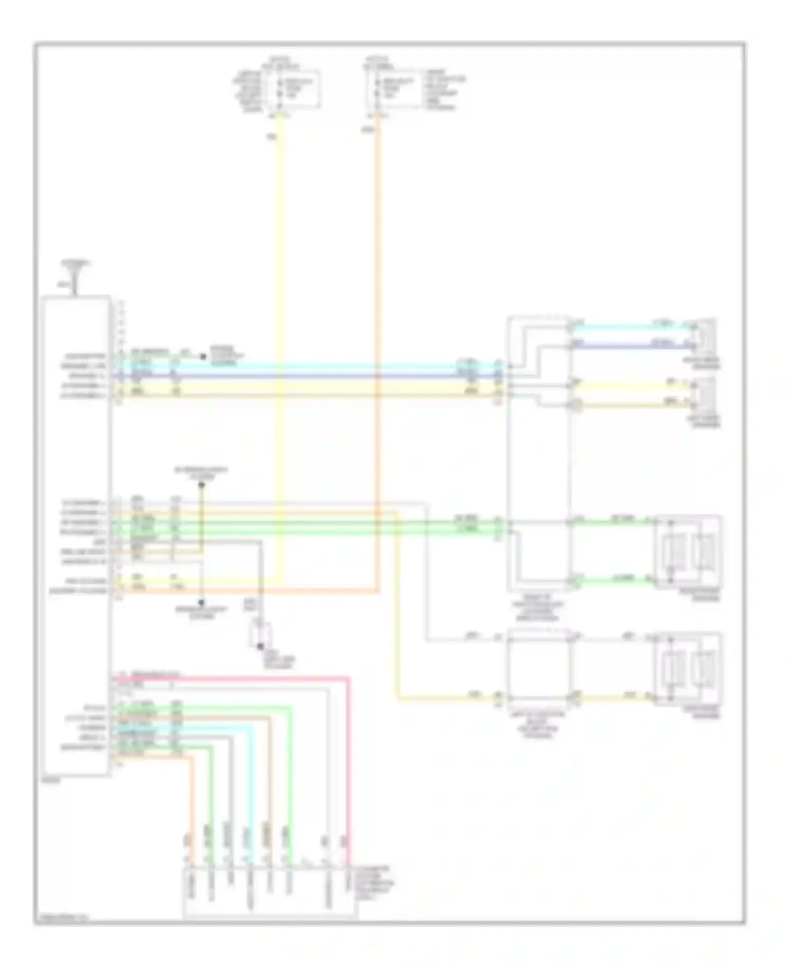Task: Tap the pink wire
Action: tap(348, 767)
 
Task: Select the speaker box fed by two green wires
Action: tap(689, 552)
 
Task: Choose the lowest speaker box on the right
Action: tap(689, 668)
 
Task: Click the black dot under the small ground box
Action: tap(260, 646)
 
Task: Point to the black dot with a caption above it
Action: tap(201, 485)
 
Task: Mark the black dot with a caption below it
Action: tap(201, 603)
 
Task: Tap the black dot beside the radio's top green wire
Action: tap(203, 357)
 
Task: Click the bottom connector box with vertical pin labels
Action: tap(269, 893)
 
